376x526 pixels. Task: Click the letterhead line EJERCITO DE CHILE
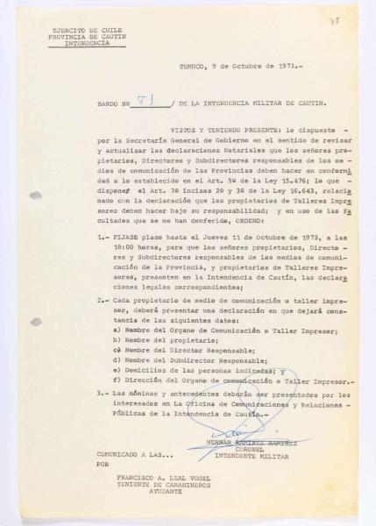84,30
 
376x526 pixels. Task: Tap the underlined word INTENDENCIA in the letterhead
85,43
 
